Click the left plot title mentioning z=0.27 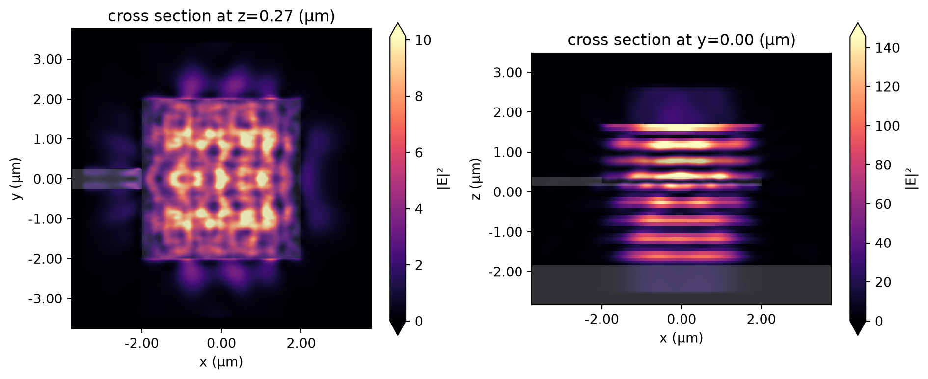pyautogui.click(x=221, y=16)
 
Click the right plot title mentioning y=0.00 pyautogui.click(x=682, y=40)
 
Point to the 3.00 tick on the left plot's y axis pyautogui.click(x=48, y=59)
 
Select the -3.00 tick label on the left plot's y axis pyautogui.click(x=45, y=298)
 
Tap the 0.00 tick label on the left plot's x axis pyautogui.click(x=221, y=343)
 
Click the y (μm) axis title pyautogui.click(x=17, y=179)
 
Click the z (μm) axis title pyautogui.click(x=475, y=179)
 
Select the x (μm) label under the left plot pyautogui.click(x=221, y=362)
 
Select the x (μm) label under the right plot pyautogui.click(x=682, y=338)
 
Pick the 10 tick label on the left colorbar pyautogui.click(x=423, y=40)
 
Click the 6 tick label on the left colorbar pyautogui.click(x=419, y=153)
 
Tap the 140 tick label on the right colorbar pyautogui.click(x=888, y=48)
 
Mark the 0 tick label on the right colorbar pyautogui.click(x=879, y=322)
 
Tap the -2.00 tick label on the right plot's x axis pyautogui.click(x=602, y=319)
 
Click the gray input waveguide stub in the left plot pyautogui.click(x=107, y=179)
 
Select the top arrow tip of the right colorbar pyautogui.click(x=857, y=23)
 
